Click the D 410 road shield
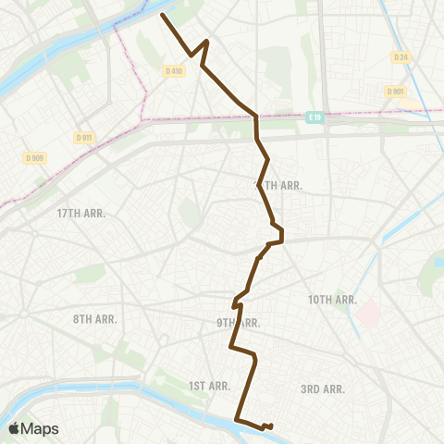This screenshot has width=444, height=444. (x=173, y=70)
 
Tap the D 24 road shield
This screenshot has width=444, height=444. (x=400, y=57)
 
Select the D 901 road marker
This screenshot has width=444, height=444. (x=394, y=91)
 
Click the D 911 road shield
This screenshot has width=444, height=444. (x=84, y=137)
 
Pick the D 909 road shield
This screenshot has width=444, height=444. (x=35, y=158)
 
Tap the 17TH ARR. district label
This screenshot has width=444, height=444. (x=81, y=213)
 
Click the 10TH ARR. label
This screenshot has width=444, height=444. (x=333, y=300)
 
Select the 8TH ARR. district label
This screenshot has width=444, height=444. (x=94, y=319)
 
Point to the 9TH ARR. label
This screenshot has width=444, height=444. (x=238, y=323)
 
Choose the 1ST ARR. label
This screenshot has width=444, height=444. (x=208, y=386)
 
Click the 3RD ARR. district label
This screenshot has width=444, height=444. (x=323, y=389)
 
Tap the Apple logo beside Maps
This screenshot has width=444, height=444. (x=14, y=428)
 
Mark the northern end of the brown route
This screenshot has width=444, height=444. (x=163, y=15)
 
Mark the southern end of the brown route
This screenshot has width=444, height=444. (x=270, y=426)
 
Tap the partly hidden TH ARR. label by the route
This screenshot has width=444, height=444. (x=280, y=185)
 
